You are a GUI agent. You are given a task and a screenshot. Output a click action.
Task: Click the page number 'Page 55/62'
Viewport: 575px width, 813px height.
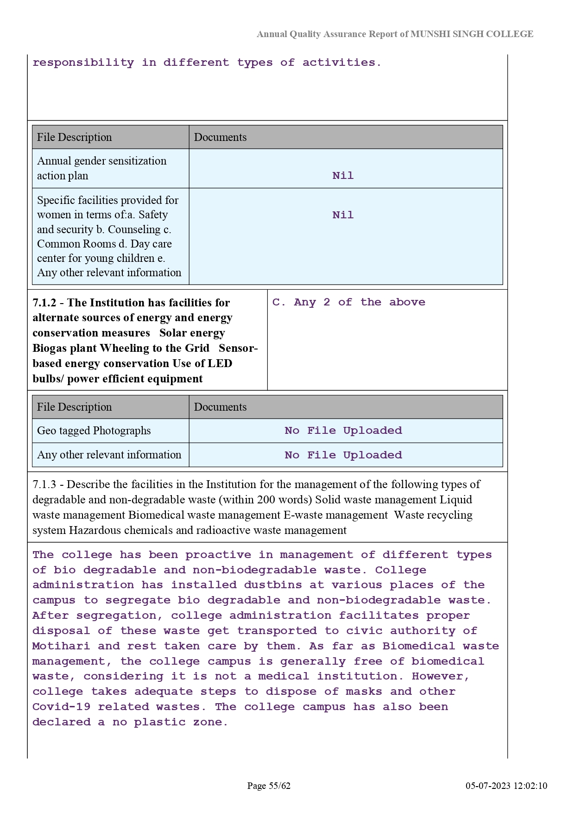click(x=269, y=786)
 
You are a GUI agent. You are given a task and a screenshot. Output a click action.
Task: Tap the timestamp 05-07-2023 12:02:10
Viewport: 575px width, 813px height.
click(x=506, y=786)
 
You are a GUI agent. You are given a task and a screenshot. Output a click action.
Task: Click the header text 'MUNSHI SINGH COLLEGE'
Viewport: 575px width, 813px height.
click(x=472, y=34)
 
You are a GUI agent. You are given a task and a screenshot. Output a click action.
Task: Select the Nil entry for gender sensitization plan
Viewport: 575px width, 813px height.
click(x=343, y=176)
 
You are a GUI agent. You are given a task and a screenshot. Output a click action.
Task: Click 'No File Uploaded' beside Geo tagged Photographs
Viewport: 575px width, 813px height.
click(x=343, y=431)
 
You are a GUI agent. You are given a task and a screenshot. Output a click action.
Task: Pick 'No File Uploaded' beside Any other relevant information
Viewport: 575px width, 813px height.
click(x=343, y=455)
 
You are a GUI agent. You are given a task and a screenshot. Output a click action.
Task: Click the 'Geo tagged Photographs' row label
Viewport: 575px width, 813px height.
click(x=94, y=431)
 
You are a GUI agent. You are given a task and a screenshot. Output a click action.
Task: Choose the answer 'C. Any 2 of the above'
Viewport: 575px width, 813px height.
click(x=348, y=302)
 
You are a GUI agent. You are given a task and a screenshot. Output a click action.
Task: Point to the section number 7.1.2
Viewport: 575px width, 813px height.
click(x=44, y=303)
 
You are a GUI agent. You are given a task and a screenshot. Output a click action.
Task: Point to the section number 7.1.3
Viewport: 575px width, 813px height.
click(x=44, y=484)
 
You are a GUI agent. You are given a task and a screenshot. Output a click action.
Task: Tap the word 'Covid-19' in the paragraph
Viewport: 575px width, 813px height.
click(x=61, y=707)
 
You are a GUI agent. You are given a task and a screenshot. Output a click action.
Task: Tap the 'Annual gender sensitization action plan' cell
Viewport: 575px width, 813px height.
click(x=101, y=168)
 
